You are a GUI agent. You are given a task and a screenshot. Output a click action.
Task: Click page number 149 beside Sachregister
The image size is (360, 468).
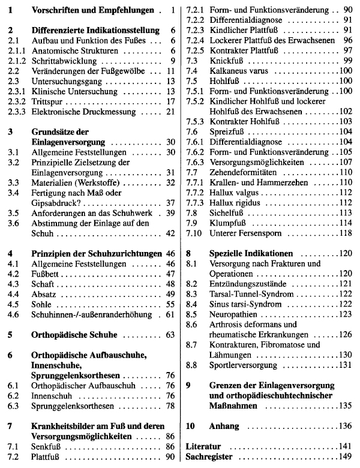[x=345, y=457]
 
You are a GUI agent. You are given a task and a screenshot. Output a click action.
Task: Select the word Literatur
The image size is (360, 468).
[x=204, y=446]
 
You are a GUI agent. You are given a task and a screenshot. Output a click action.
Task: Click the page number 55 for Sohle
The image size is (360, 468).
[x=169, y=303]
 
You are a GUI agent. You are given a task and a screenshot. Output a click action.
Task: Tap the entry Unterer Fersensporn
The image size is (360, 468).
[x=245, y=233]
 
